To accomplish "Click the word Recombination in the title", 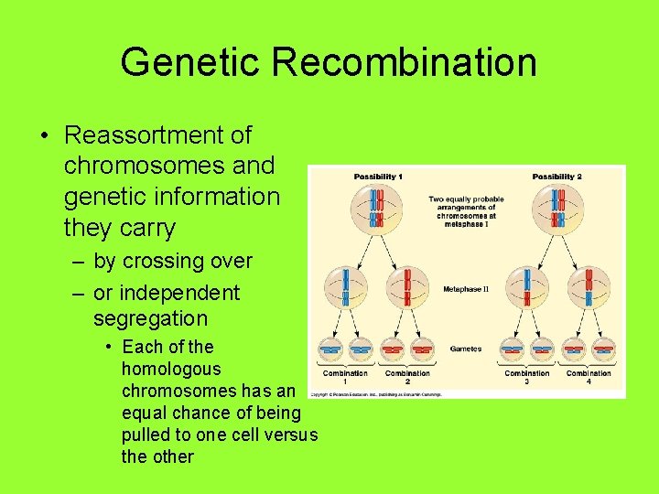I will pyautogui.click(x=404, y=62).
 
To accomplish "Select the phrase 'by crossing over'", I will pyautogui.click(x=172, y=261).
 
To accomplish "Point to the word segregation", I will pyautogui.click(x=150, y=318).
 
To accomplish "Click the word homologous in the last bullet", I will pyautogui.click(x=171, y=369).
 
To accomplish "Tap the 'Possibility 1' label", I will pyautogui.click(x=378, y=177).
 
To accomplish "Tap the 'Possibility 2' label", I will pyautogui.click(x=556, y=177).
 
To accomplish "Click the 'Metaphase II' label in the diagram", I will pyautogui.click(x=466, y=289).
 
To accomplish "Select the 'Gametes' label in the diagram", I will pyautogui.click(x=466, y=349).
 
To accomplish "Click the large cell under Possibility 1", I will pyautogui.click(x=376, y=208).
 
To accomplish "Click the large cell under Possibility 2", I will pyautogui.click(x=556, y=208).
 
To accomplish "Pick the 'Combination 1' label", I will pyautogui.click(x=345, y=376).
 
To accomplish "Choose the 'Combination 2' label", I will pyautogui.click(x=407, y=376).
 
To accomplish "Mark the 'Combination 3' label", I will pyautogui.click(x=527, y=376).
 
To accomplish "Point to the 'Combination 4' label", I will pyautogui.click(x=589, y=376).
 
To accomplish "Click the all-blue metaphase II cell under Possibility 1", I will pyautogui.click(x=345, y=287).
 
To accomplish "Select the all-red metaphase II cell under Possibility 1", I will pyautogui.click(x=406, y=287).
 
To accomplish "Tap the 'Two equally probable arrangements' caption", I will pyautogui.click(x=466, y=211).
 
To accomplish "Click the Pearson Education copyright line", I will pyautogui.click(x=375, y=394).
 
